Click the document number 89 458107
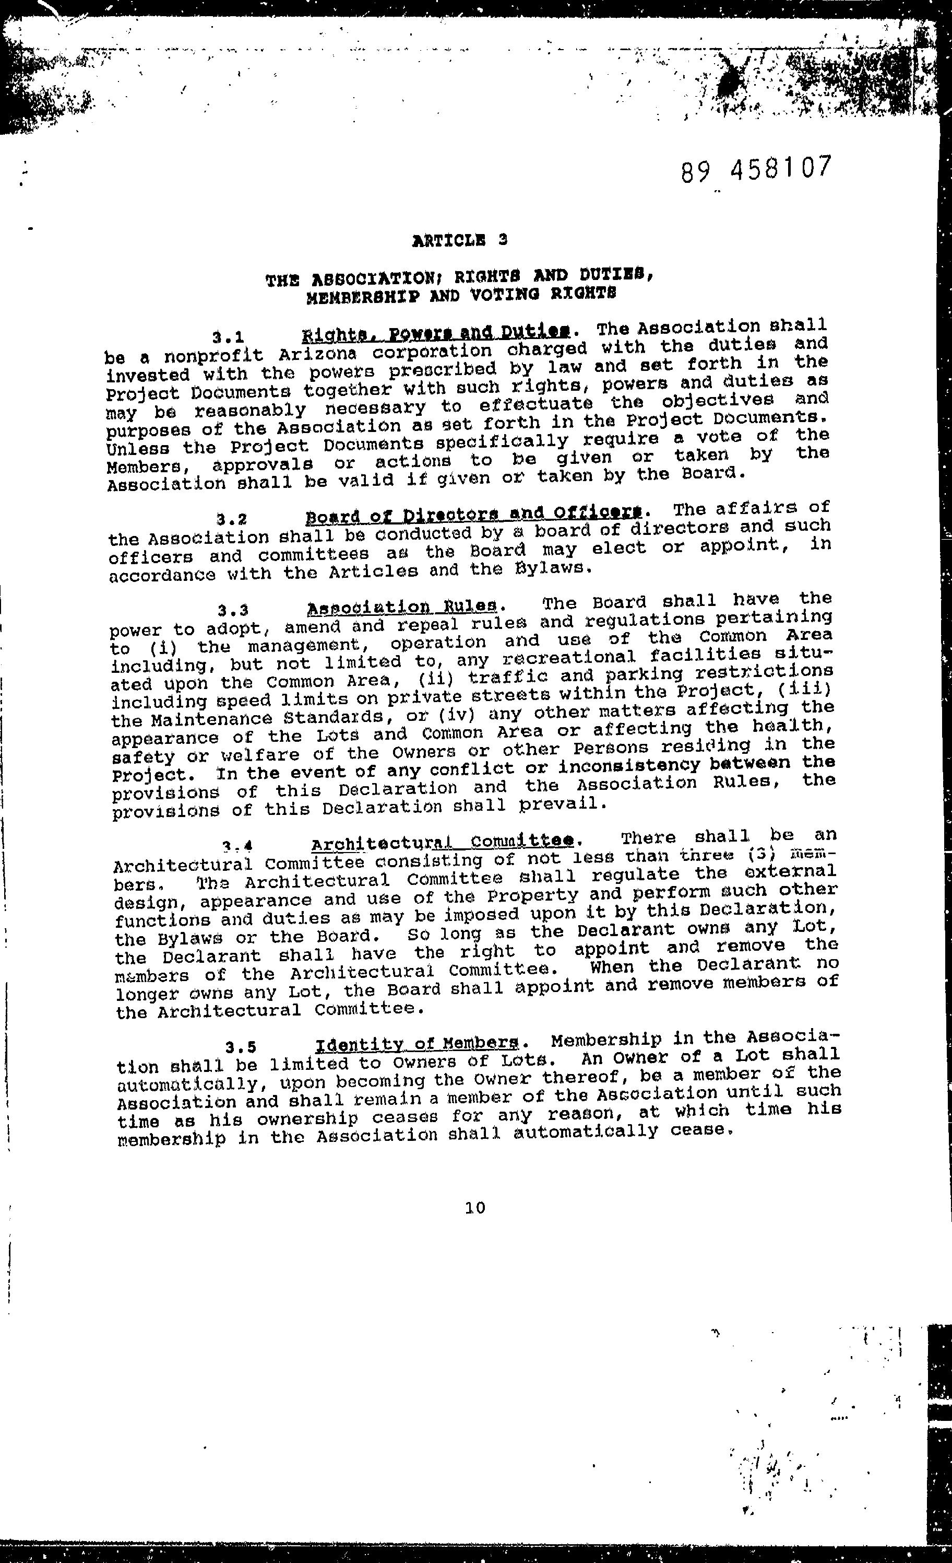pyautogui.click(x=755, y=169)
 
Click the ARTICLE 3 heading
pyautogui.click(x=459, y=240)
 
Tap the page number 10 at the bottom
pyautogui.click(x=475, y=1208)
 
